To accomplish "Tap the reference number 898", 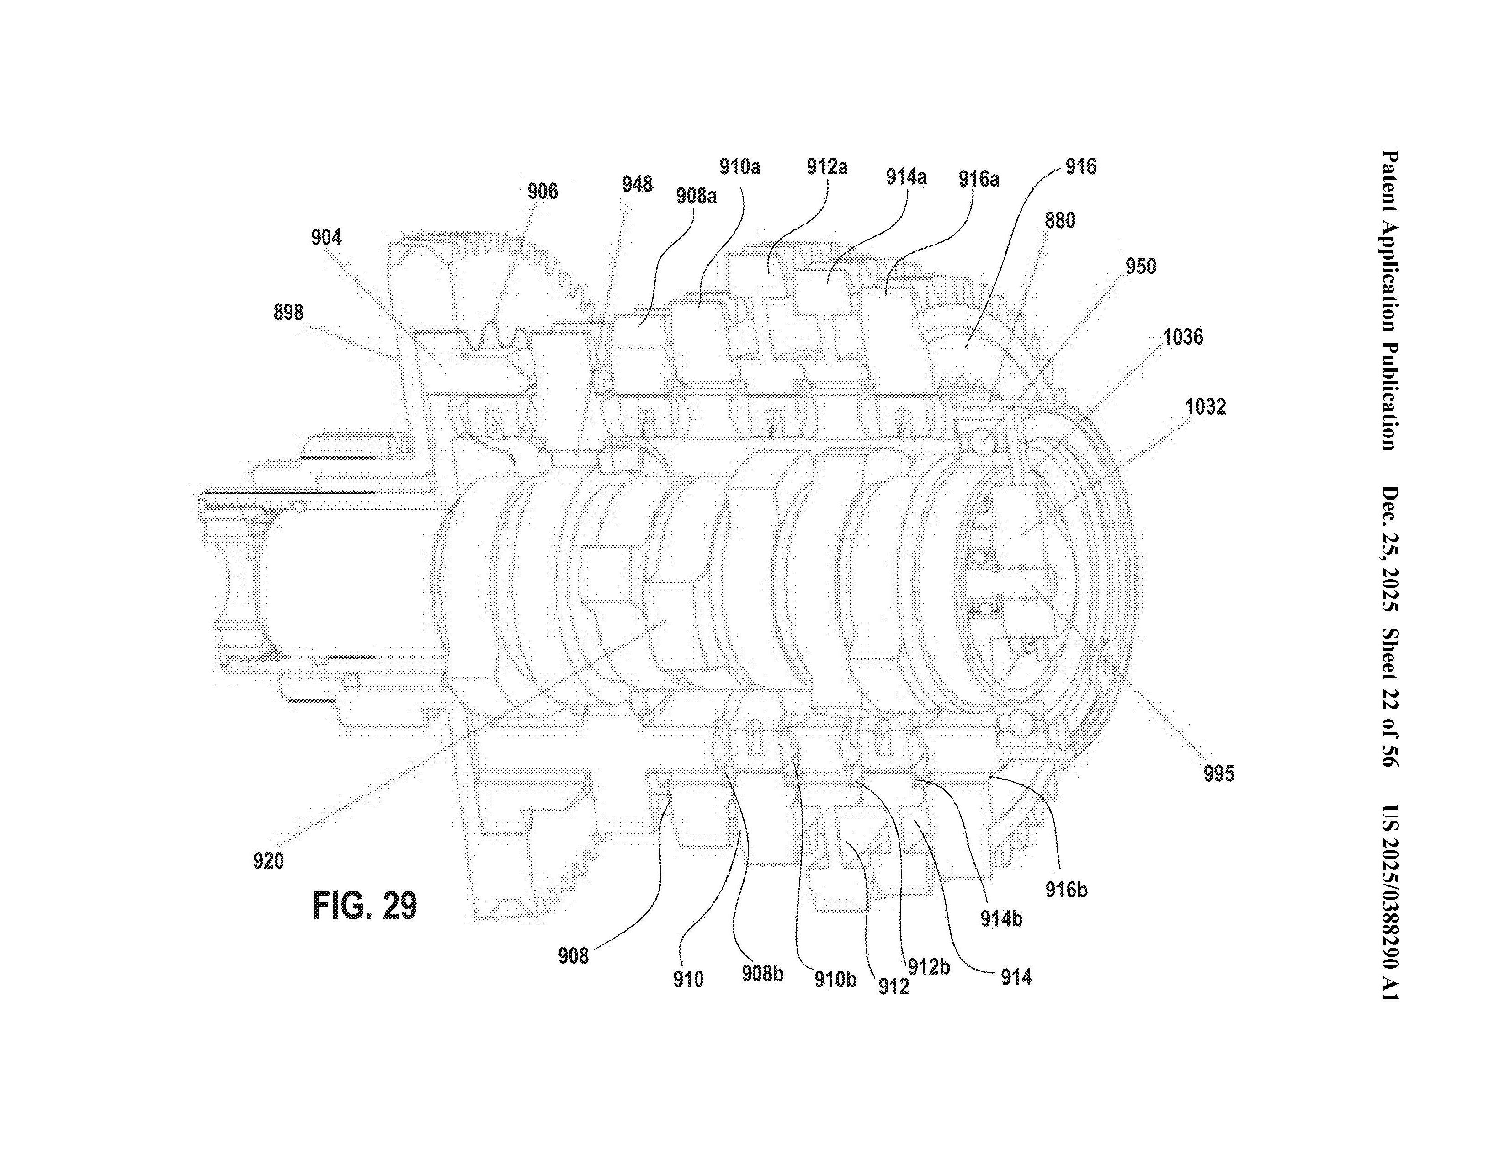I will coord(288,312).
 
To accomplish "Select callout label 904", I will coord(326,238).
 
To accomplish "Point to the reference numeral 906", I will coord(542,192).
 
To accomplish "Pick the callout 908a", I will coord(696,197).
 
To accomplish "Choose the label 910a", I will coord(739,167).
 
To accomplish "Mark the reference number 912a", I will coord(827,167).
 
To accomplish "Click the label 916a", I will coord(979,179).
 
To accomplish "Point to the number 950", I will coord(1140,267).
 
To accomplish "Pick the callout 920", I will coord(268,861).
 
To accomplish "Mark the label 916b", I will coord(1066,890).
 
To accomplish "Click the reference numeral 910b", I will coord(835,979).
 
